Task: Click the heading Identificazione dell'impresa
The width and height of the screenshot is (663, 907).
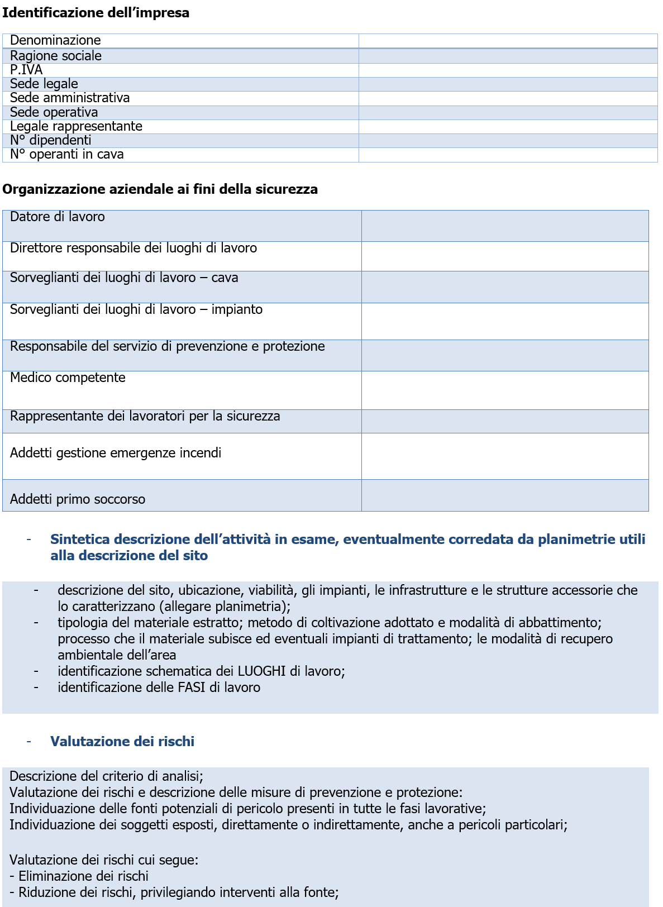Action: click(x=96, y=13)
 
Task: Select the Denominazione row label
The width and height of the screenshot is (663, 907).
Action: click(x=55, y=40)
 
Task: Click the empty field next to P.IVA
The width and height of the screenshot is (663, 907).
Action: click(x=507, y=70)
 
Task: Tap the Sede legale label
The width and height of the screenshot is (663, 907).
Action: click(x=44, y=84)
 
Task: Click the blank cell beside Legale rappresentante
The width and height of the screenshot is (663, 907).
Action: click(x=507, y=126)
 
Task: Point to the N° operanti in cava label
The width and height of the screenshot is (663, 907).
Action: click(x=66, y=154)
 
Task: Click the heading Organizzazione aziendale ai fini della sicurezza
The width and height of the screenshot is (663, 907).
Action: click(x=160, y=189)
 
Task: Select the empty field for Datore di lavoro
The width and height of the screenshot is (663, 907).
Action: click(x=504, y=226)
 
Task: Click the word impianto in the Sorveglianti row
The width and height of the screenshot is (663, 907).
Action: click(x=237, y=309)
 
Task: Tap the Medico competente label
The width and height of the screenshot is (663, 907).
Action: click(x=68, y=378)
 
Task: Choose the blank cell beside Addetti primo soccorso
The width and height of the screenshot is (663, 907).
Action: click(x=504, y=495)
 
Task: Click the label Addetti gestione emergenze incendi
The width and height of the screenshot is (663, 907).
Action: click(x=116, y=453)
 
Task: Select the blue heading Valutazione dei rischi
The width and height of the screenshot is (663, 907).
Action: click(x=122, y=742)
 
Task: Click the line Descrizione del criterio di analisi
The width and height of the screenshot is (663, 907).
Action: click(x=106, y=776)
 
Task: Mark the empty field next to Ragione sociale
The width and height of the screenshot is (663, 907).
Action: click(x=507, y=56)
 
